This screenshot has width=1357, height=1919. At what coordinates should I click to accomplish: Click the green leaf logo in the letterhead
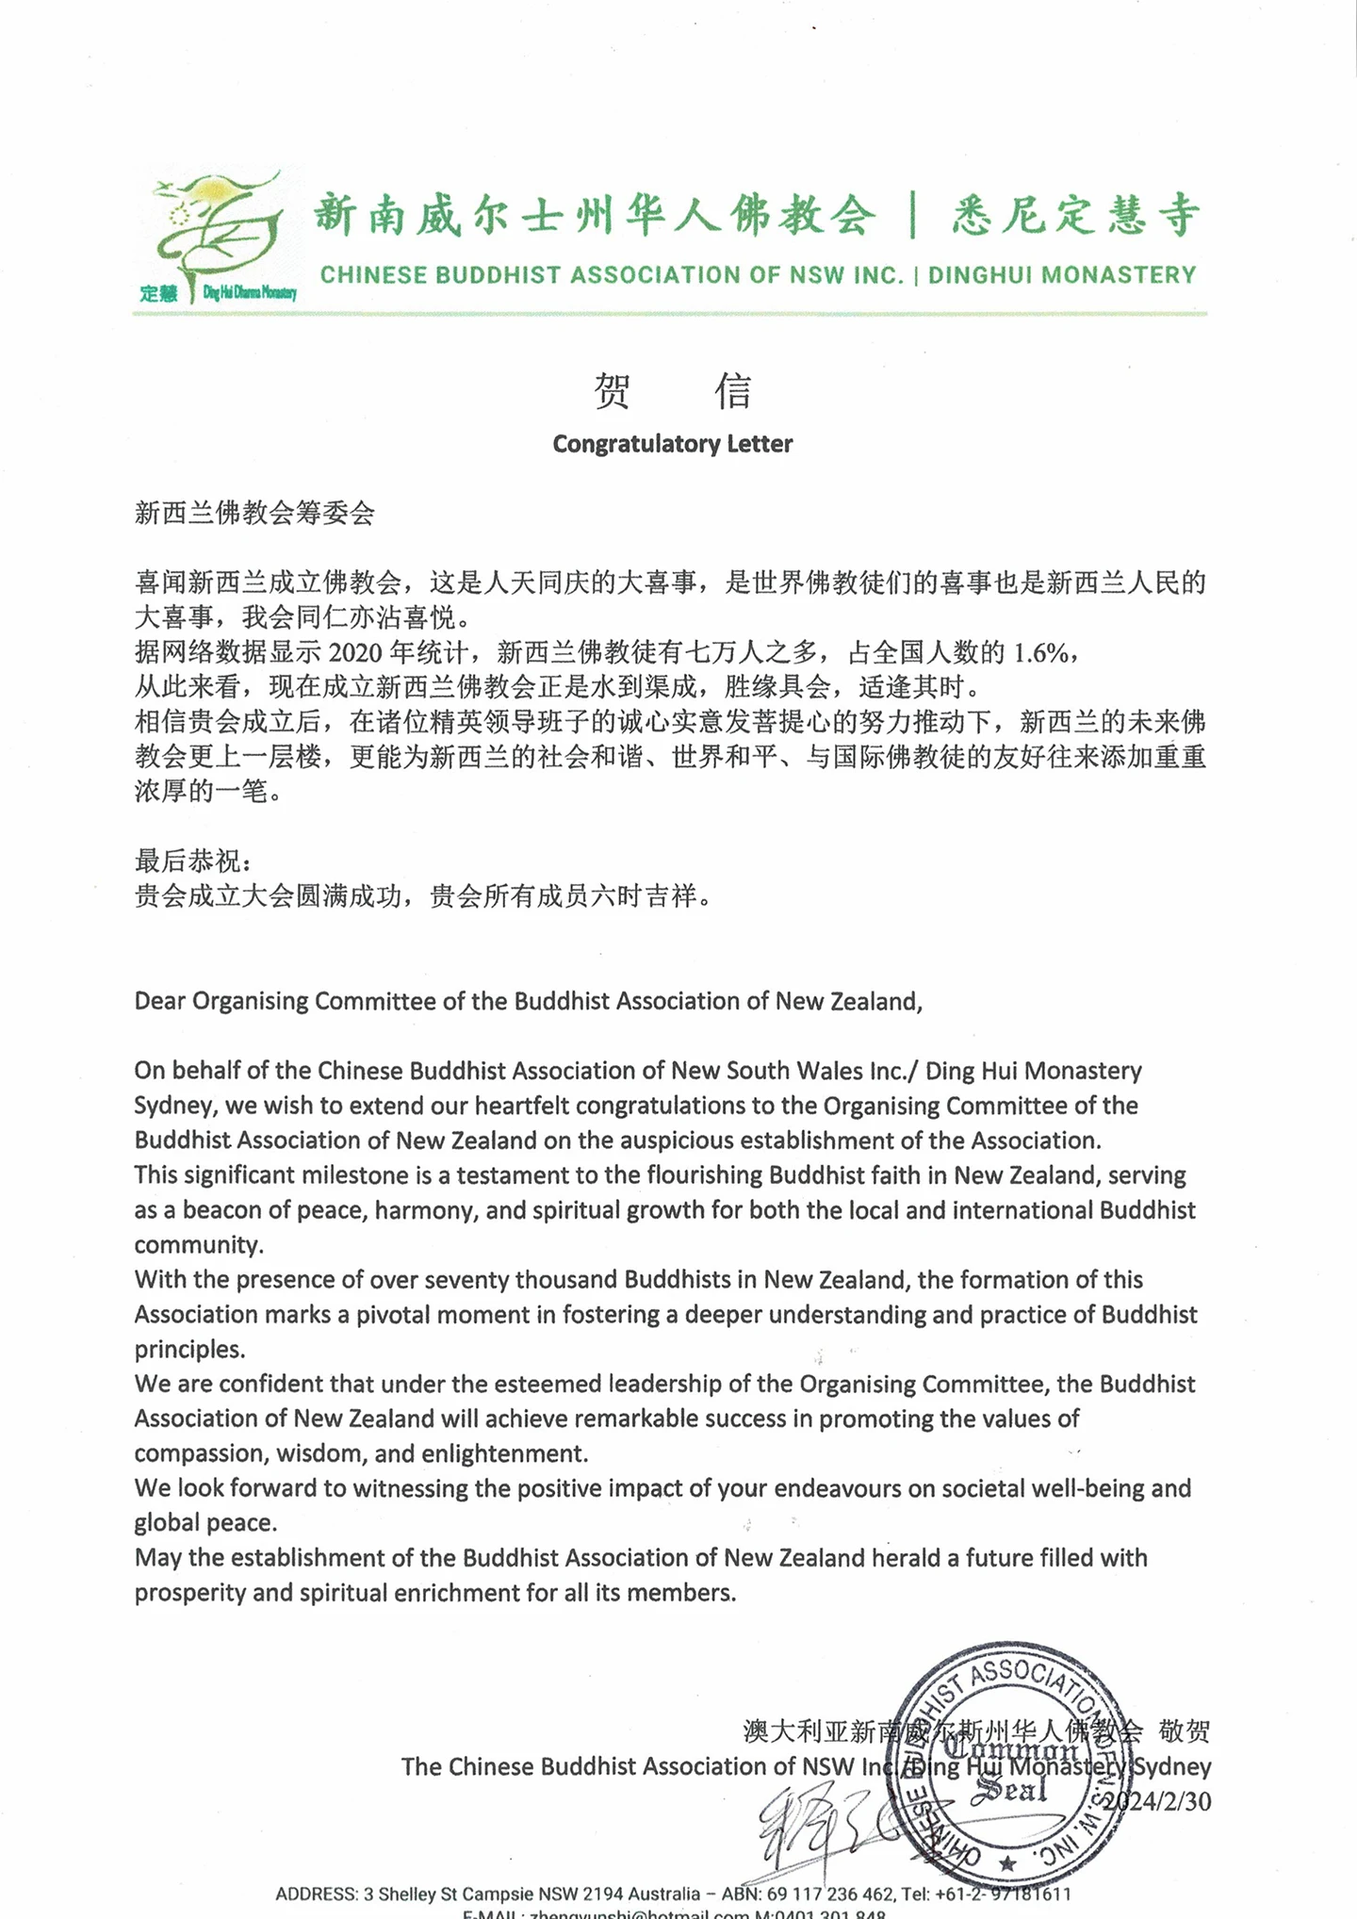pos(219,231)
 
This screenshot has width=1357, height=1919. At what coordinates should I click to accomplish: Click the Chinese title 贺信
pos(672,391)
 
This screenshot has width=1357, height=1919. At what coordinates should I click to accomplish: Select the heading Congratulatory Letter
pos(672,444)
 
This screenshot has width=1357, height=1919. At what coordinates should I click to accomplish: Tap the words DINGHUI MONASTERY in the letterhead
pos(1062,275)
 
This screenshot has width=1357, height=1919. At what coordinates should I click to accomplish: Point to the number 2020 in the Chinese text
pos(355,652)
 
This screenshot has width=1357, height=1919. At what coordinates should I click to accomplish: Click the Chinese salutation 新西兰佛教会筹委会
pos(254,513)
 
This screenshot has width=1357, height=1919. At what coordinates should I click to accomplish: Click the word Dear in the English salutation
pos(160,1001)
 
